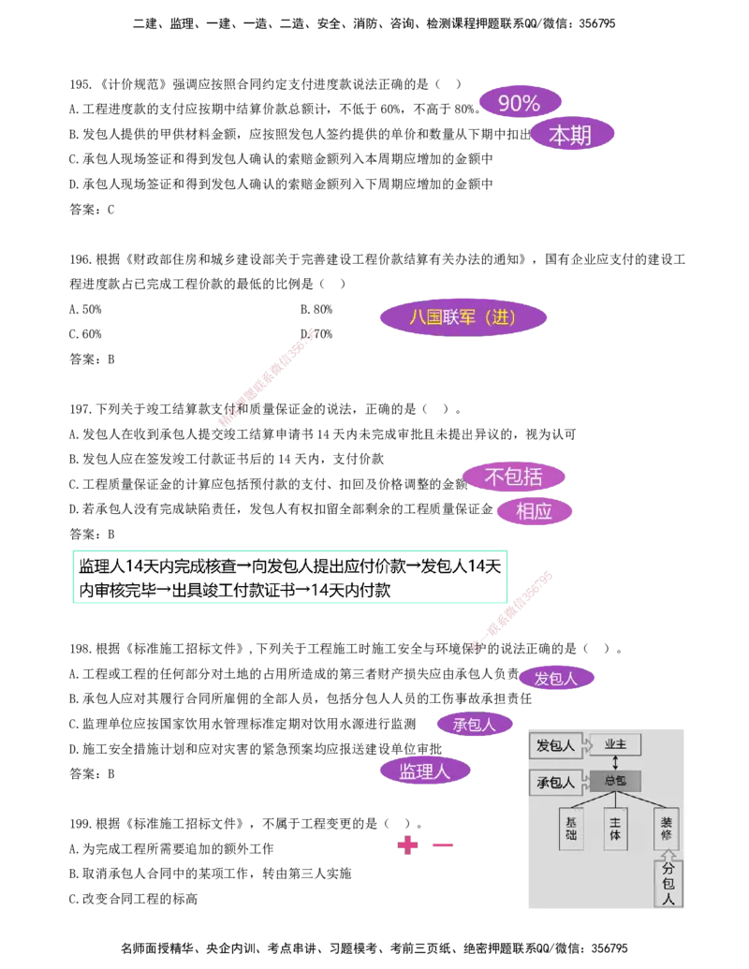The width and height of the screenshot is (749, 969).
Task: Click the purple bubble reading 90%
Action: coord(520,103)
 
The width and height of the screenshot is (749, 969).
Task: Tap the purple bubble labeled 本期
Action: coord(571,136)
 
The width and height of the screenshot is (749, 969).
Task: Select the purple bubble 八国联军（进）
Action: coord(463,317)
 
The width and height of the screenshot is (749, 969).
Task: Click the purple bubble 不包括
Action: coord(514,477)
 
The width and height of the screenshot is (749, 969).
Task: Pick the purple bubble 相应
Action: coord(535,511)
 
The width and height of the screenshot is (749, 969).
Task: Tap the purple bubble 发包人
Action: coord(556,678)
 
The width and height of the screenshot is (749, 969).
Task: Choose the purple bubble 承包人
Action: coord(475,724)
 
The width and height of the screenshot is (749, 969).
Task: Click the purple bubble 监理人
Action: coord(425,771)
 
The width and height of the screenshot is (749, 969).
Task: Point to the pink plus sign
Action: coord(407,845)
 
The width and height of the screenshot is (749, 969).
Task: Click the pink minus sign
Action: coord(442,845)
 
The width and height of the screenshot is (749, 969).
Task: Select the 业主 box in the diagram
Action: coord(615,744)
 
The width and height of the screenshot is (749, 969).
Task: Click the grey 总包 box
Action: coord(615,781)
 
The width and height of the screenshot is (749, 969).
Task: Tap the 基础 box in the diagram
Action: coord(571,828)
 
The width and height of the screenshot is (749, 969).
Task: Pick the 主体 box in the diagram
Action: coord(615,828)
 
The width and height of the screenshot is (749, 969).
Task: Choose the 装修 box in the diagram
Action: coord(666,828)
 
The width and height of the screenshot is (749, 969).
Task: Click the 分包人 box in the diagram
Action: coord(668,884)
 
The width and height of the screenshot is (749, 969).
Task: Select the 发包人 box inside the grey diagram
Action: coord(556,745)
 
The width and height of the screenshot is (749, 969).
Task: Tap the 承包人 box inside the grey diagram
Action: coord(556,782)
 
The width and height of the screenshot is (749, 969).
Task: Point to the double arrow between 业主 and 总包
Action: coord(615,763)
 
